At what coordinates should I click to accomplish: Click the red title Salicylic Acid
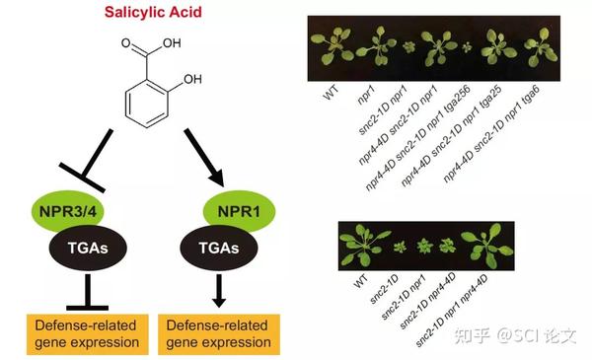(153, 12)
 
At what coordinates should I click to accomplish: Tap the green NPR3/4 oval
(68, 211)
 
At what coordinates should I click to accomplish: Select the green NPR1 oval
(240, 211)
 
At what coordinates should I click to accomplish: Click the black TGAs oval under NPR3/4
(88, 248)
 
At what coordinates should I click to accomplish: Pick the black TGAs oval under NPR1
(219, 248)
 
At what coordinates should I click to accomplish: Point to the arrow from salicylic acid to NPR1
(204, 158)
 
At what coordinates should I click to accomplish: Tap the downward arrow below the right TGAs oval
(219, 291)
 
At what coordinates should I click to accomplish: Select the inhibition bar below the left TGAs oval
(88, 293)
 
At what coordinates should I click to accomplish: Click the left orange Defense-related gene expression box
(88, 334)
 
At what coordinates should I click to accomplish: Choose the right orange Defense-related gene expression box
(219, 334)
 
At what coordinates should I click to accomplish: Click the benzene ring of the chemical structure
(146, 104)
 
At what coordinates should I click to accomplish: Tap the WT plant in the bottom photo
(362, 245)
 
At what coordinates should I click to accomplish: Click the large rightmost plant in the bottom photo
(487, 246)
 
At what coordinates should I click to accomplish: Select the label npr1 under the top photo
(366, 94)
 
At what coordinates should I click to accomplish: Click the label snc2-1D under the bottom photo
(385, 289)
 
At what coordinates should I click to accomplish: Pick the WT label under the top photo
(331, 92)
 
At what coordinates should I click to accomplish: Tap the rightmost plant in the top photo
(541, 46)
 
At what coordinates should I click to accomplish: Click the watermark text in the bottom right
(516, 335)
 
